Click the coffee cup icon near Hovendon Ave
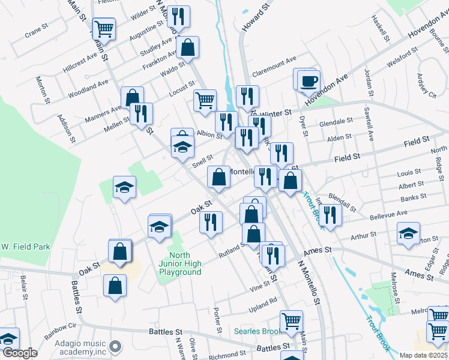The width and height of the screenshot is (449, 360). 309,81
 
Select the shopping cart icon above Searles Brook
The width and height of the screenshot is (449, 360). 291,321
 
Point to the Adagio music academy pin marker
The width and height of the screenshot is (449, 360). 116,347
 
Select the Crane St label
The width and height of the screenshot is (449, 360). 36,30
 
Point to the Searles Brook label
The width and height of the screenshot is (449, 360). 258,331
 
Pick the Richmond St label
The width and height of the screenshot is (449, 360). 223,355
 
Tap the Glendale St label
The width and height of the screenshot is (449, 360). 336,122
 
